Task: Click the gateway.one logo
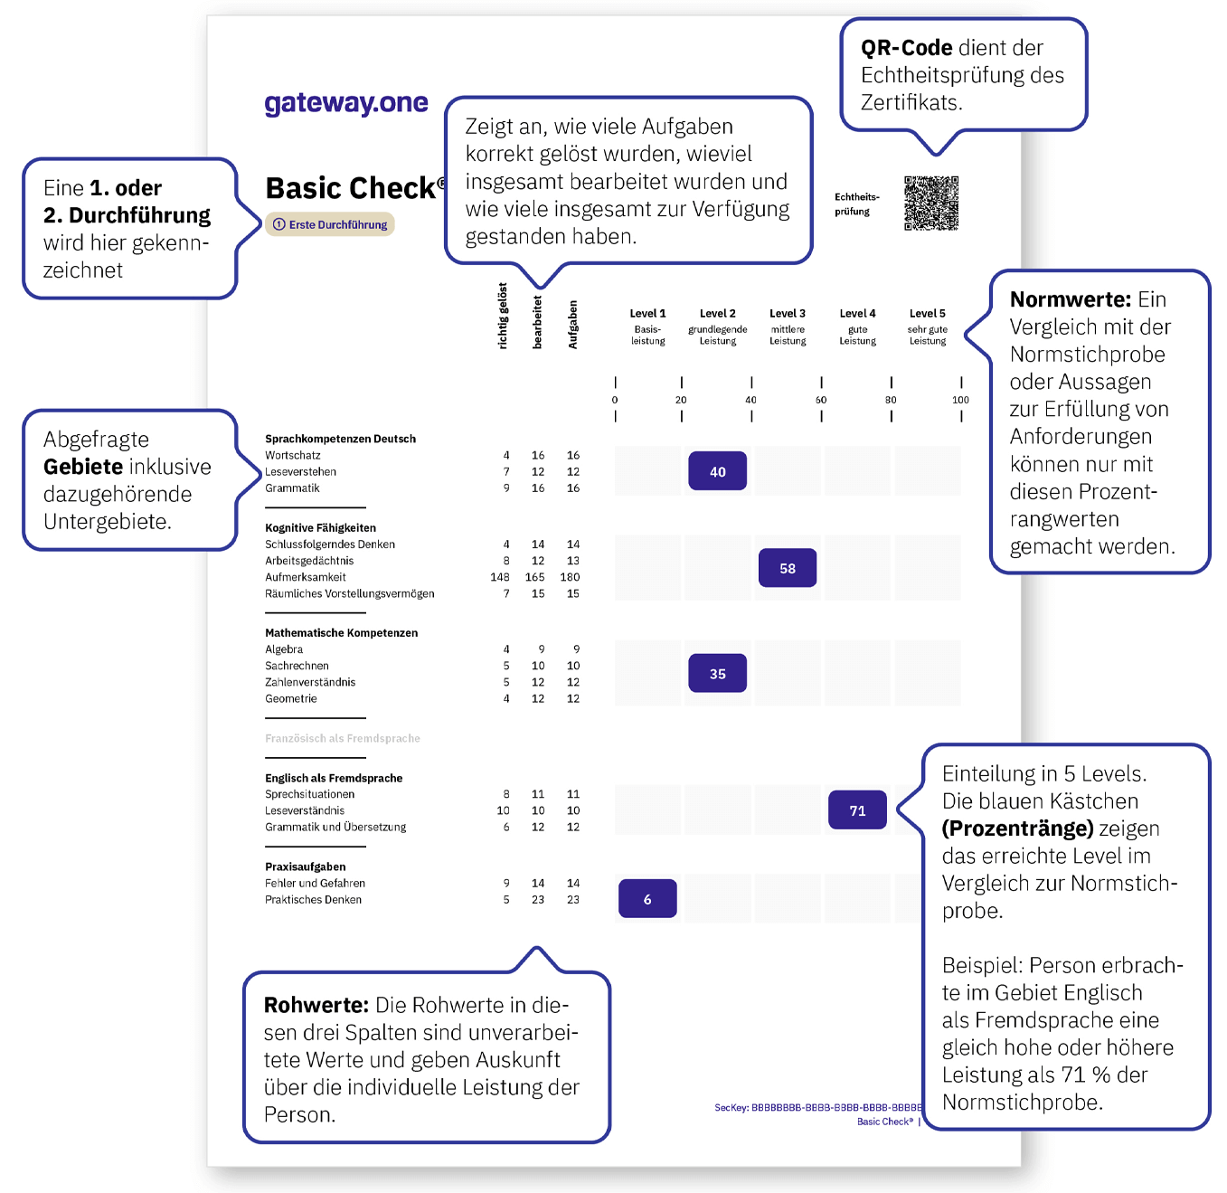(x=345, y=104)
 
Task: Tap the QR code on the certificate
(x=930, y=204)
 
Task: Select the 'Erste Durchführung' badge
(x=330, y=224)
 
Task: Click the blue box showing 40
(x=717, y=471)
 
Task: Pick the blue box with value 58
(x=787, y=568)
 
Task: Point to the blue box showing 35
(x=717, y=674)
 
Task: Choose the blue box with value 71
(x=857, y=810)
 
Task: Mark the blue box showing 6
(x=647, y=899)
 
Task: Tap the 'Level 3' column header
(x=787, y=314)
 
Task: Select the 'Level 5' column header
(x=927, y=314)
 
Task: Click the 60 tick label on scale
(x=821, y=400)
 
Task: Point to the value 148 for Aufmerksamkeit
(x=500, y=577)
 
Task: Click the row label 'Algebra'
(x=284, y=649)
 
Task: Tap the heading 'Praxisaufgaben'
(x=305, y=866)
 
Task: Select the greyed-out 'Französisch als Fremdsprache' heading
(x=342, y=738)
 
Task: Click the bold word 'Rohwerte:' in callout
(x=316, y=1005)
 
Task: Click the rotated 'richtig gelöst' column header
(x=503, y=316)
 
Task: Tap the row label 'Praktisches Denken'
(x=313, y=900)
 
